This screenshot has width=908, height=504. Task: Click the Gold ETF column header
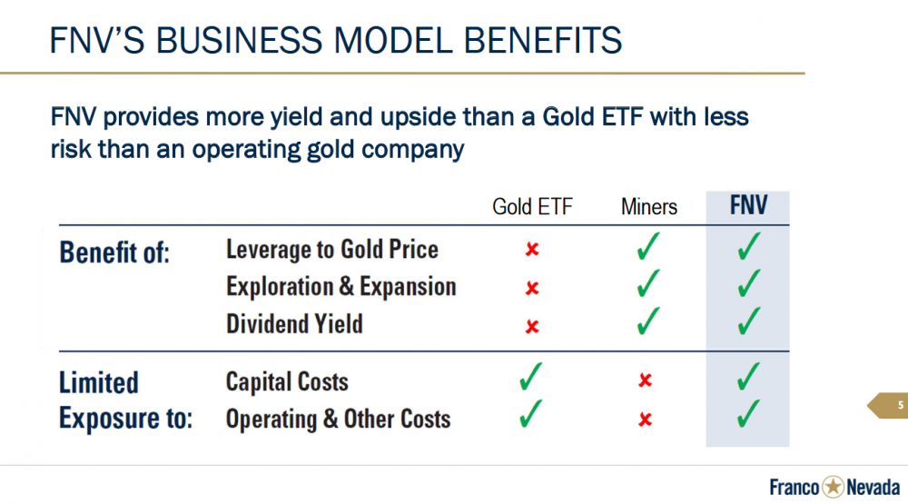[x=532, y=207]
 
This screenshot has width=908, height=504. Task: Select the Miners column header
[x=649, y=207]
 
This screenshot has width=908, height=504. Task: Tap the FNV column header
[x=748, y=205]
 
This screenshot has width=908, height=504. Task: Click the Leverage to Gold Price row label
[x=331, y=250]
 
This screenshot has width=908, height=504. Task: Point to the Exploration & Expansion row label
[x=341, y=287]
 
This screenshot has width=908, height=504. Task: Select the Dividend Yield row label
[x=294, y=324]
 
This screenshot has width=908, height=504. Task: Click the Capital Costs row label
[x=287, y=381]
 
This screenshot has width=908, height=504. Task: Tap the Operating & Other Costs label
[x=338, y=419]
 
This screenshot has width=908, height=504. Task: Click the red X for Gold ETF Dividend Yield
[x=532, y=327]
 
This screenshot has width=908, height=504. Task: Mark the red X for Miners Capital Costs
[x=645, y=380]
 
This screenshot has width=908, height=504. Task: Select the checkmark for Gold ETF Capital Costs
[x=530, y=376]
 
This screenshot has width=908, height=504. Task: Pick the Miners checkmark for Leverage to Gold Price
[x=648, y=246]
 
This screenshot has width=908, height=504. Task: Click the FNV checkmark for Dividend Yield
[x=749, y=321]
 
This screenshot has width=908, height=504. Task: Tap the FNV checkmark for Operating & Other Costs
[x=749, y=413]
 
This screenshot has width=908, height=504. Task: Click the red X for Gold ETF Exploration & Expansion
[x=532, y=288]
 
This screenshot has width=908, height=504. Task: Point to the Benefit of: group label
[x=114, y=252]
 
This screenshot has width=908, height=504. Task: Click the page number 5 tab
[x=888, y=406]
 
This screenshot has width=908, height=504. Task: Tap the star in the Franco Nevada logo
[x=834, y=487]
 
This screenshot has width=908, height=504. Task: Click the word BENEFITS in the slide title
[x=543, y=41]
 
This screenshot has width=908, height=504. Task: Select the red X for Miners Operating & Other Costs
[x=645, y=420]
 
